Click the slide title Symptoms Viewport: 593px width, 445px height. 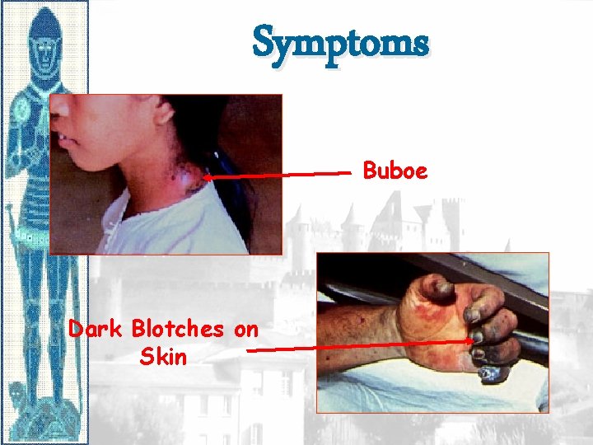[340, 42]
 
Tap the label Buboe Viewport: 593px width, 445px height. [395, 171]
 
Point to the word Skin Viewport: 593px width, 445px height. [163, 357]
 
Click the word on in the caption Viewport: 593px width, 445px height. [245, 330]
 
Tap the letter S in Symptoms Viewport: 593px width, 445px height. [265, 42]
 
